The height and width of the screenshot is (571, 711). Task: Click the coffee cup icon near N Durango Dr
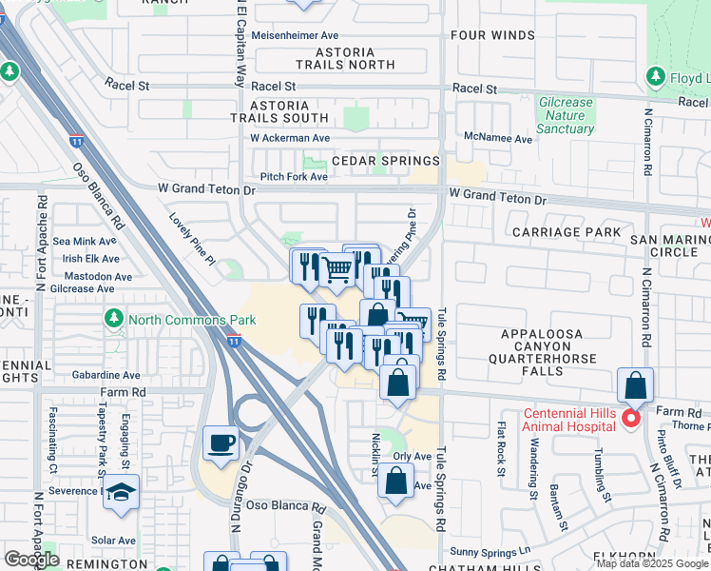coord(221,443)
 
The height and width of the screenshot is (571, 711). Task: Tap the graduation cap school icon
coord(121,492)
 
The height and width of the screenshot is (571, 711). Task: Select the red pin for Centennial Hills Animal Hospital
coord(630,419)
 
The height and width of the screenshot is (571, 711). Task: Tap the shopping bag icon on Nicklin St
coord(395,482)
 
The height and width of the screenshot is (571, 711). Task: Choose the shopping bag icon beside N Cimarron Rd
coord(634,386)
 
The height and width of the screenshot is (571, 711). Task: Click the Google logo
coord(30,560)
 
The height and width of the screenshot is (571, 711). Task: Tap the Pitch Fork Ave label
coord(294,177)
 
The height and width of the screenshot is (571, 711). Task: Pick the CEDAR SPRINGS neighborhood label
coord(385,161)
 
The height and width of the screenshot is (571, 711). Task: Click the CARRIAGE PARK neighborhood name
coord(566,232)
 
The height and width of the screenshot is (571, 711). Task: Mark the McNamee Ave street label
coord(497,138)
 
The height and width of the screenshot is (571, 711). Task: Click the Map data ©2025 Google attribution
coord(652,563)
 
